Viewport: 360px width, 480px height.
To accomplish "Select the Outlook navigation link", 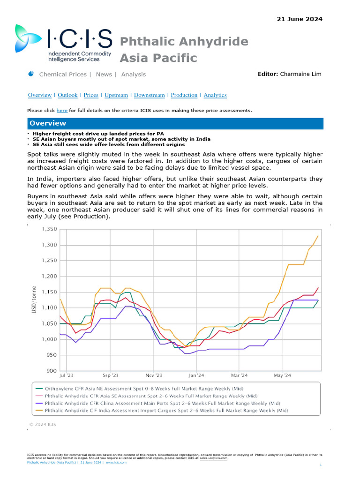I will click(67, 95).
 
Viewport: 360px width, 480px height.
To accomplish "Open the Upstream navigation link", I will click(116, 95).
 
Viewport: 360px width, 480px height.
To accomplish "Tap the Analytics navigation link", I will click(215, 95).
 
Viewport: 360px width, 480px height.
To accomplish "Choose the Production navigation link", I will click(184, 95).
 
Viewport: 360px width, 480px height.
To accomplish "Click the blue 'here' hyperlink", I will click(62, 111).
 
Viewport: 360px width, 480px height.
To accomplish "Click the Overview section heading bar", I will click(175, 123).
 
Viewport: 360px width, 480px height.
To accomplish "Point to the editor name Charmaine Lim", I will click(300, 74).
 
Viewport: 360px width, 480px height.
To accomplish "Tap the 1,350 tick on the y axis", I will click(49, 229).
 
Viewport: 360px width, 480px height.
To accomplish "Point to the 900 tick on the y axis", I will click(51, 371).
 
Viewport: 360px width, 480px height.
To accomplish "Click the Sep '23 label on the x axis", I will click(110, 375).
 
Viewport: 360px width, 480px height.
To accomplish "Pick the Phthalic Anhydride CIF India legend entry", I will click(162, 411).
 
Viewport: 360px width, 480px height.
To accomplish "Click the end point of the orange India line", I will click(318, 236).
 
